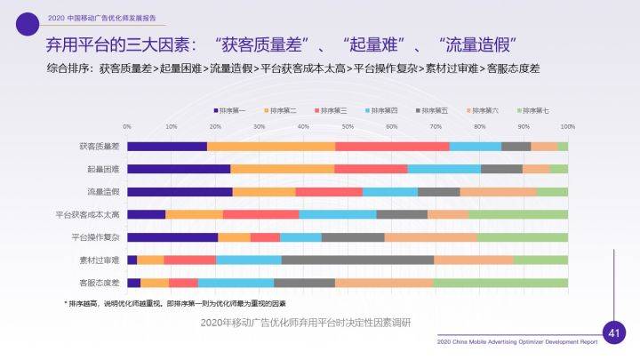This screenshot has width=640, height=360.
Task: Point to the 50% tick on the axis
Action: (x=348, y=126)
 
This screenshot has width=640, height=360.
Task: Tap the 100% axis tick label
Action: (x=567, y=126)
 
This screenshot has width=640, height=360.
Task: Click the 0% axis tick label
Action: (x=127, y=126)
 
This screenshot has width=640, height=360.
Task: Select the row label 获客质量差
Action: (x=100, y=146)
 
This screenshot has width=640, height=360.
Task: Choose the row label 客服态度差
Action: (x=100, y=283)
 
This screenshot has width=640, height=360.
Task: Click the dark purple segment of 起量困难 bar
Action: (x=178, y=169)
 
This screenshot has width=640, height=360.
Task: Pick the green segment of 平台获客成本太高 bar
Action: (x=517, y=214)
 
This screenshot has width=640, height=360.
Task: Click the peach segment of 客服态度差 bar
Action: (x=384, y=283)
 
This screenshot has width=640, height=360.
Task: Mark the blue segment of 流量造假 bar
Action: (x=389, y=191)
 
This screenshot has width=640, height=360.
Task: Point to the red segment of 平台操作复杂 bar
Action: (x=265, y=237)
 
